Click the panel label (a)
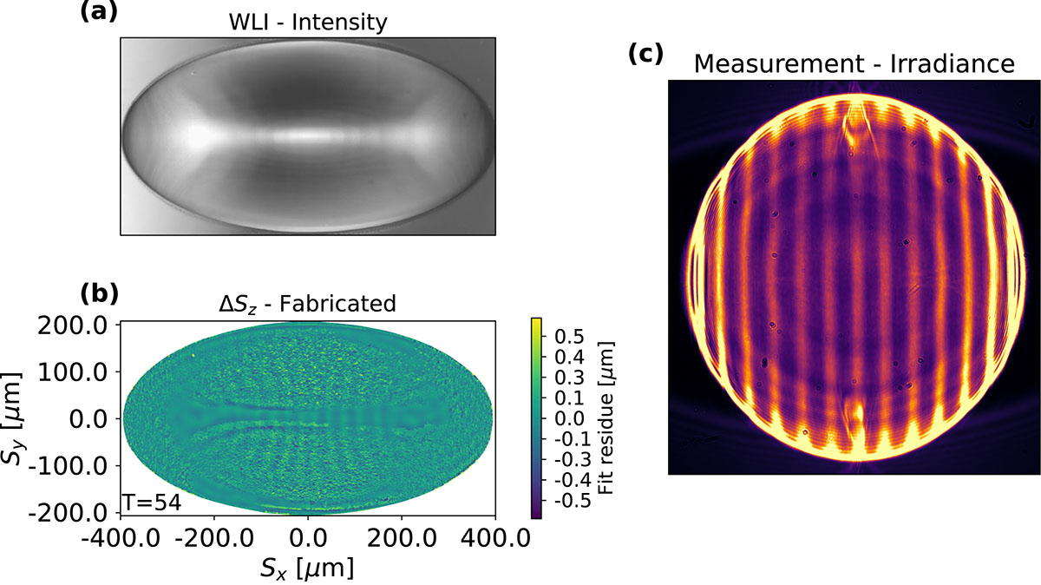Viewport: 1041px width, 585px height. (x=99, y=11)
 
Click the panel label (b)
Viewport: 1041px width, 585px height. (x=100, y=294)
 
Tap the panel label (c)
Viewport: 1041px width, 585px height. (x=646, y=54)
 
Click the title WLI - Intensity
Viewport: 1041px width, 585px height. (x=308, y=23)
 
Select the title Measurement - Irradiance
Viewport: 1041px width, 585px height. (x=854, y=63)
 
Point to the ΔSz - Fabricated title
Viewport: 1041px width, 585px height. (x=308, y=304)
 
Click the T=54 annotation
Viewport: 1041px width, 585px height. (x=152, y=503)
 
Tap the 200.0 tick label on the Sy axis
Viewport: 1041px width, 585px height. (x=73, y=326)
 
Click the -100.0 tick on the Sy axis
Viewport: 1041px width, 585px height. (x=68, y=466)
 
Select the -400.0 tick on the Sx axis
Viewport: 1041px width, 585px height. (x=121, y=538)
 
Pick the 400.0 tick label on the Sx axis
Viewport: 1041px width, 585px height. (x=495, y=538)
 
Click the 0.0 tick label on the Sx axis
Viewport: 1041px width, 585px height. (x=308, y=538)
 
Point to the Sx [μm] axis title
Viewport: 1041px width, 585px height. (x=307, y=569)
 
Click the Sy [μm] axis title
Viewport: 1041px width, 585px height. (x=11, y=418)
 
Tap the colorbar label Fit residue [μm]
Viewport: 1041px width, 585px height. (x=606, y=418)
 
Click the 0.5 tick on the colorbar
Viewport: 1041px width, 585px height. (x=569, y=336)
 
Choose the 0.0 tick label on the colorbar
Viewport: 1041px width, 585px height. (x=569, y=418)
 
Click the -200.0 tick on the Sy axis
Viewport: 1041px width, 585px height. (x=68, y=513)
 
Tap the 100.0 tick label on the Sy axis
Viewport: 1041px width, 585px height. (x=73, y=372)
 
